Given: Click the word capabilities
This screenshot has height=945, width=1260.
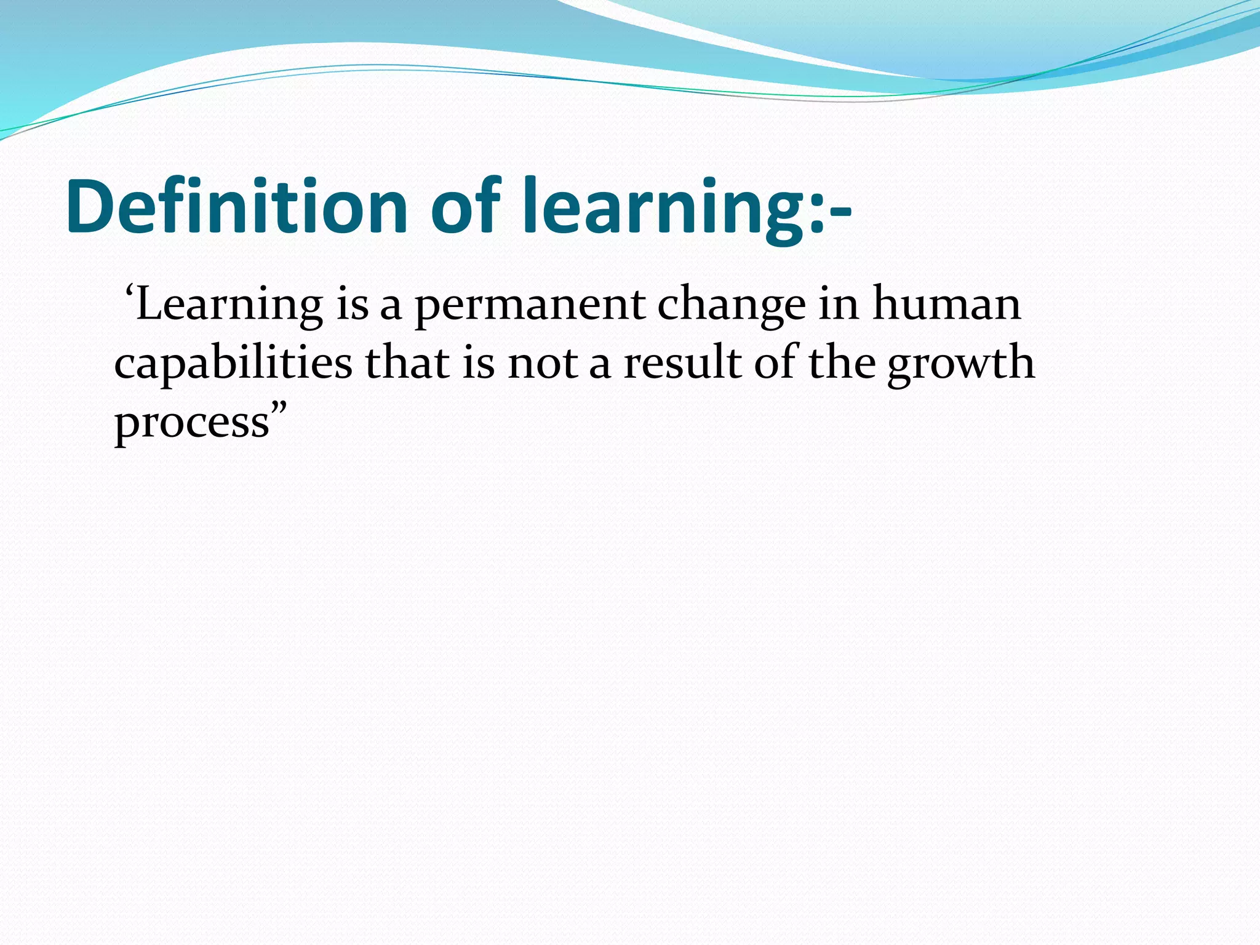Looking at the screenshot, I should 233,364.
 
